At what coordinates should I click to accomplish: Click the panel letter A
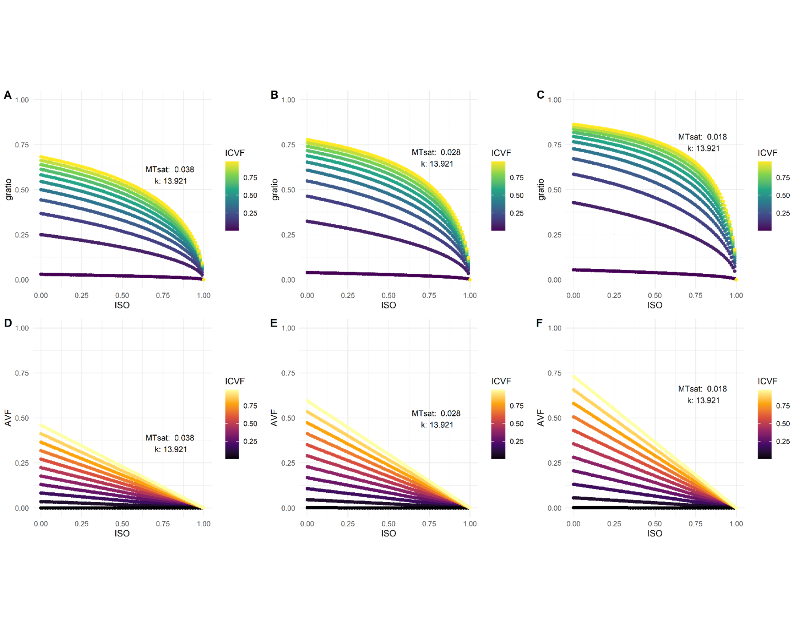click(7, 95)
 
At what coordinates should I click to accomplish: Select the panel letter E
click(274, 323)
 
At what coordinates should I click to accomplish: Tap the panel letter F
click(539, 323)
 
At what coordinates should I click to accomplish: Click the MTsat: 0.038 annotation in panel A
click(169, 169)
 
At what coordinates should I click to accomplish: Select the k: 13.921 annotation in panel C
click(703, 148)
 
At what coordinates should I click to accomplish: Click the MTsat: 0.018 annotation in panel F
click(702, 389)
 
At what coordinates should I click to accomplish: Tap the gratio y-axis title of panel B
click(275, 190)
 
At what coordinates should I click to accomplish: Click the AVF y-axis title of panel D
click(8, 418)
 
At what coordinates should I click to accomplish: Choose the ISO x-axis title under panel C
click(654, 305)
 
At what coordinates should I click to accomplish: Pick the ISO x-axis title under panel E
click(388, 533)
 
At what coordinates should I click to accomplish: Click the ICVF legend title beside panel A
click(235, 153)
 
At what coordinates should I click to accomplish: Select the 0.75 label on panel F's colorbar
click(783, 406)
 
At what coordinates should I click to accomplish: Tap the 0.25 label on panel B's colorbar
click(516, 213)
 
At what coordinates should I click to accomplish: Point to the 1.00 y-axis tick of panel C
click(554, 100)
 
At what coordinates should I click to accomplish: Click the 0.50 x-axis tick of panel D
click(122, 524)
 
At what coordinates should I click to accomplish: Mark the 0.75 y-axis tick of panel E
click(288, 373)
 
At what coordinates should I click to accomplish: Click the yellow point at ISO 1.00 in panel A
click(204, 280)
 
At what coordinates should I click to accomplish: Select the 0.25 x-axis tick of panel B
click(347, 295)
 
